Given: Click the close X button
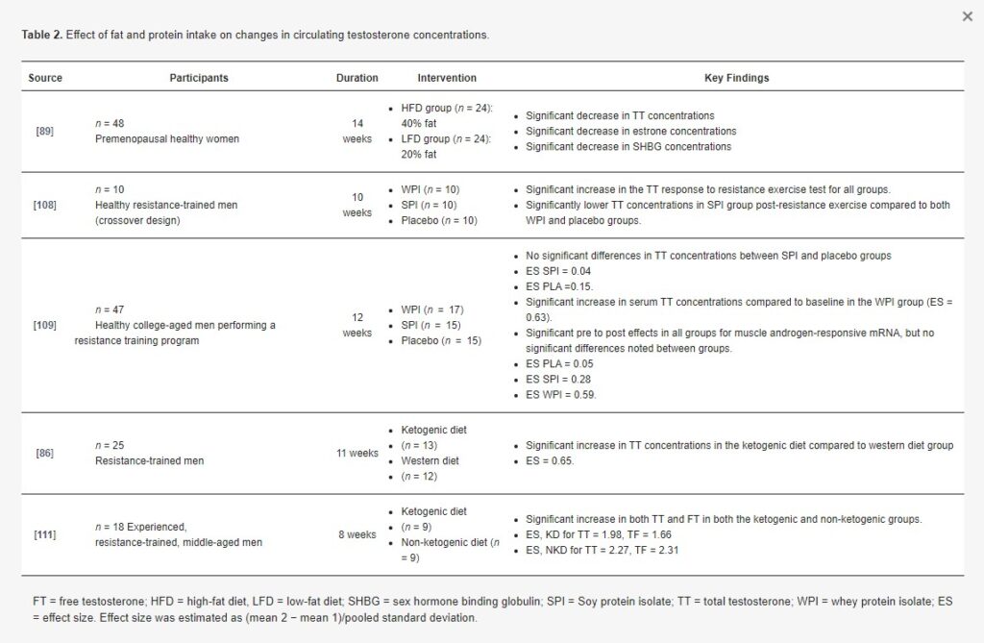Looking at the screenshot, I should (967, 16).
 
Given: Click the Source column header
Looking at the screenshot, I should (45, 78).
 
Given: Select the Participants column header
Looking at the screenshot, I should (199, 78).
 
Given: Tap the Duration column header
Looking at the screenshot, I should (357, 78).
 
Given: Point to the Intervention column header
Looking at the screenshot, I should (447, 78).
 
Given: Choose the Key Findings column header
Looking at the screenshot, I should (737, 78).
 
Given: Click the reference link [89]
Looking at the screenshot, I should (44, 131).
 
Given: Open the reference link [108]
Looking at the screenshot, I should (44, 205).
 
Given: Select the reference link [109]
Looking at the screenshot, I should (44, 325).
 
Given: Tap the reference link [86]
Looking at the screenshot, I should (44, 453).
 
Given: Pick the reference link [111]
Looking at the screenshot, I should (44, 534).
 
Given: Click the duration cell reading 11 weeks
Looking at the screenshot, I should (357, 453).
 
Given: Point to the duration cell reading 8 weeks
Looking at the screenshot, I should (357, 534).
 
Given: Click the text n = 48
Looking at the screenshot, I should (110, 123).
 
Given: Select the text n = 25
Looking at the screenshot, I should (110, 446).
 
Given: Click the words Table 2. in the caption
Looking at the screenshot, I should (42, 35).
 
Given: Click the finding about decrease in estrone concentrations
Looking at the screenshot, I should (630, 131).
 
